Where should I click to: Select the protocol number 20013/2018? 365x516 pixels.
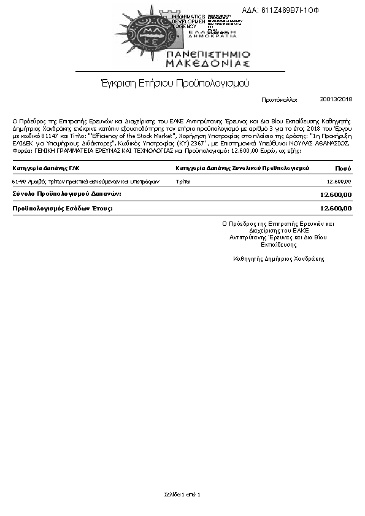click(336, 99)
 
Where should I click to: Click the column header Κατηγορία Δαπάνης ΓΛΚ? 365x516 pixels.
click(46, 168)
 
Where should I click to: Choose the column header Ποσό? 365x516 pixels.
click(343, 168)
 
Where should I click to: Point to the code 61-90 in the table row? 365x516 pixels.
click(19, 182)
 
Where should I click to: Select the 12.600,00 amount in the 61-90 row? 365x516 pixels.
click(339, 182)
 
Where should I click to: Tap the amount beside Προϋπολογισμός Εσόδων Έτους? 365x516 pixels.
click(336, 208)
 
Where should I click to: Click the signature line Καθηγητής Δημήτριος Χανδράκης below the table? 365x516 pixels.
click(279, 259)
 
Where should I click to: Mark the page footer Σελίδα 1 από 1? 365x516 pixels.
click(182, 494)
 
